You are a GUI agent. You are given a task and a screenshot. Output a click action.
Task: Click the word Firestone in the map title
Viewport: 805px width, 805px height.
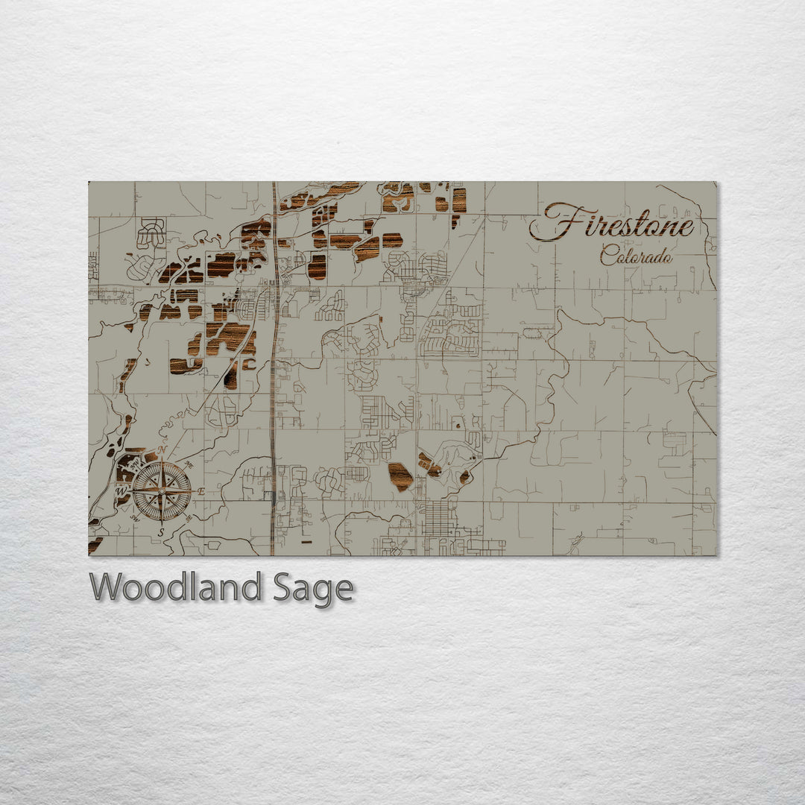click(613, 223)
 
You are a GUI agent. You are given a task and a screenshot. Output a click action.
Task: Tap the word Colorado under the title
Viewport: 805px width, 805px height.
click(636, 256)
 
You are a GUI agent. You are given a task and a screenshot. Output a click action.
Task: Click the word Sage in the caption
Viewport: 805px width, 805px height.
click(312, 589)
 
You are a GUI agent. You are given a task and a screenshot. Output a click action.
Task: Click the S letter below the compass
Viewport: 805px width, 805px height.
click(161, 532)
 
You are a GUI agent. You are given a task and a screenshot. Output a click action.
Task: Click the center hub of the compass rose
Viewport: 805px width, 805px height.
click(162, 491)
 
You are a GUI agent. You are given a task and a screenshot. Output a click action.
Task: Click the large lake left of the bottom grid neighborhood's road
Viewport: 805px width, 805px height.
click(400, 477)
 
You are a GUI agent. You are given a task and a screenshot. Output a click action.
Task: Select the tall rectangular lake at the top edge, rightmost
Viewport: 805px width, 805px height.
click(459, 200)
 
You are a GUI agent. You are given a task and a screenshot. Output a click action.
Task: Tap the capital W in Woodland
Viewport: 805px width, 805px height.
click(107, 587)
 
